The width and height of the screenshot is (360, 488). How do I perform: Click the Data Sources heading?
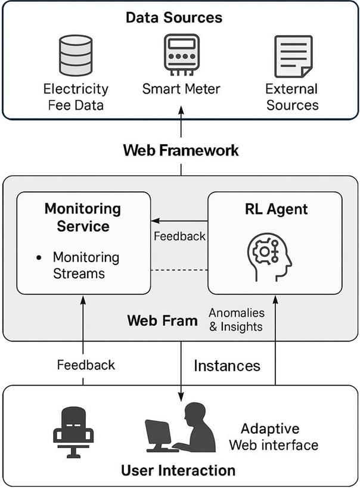(174, 17)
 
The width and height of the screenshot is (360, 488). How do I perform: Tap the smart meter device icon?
(181, 55)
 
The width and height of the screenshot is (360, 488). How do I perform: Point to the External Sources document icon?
(292, 56)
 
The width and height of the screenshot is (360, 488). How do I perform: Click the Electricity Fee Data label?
(76, 97)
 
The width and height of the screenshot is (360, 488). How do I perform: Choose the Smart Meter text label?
(181, 89)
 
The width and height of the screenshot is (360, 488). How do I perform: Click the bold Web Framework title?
(181, 150)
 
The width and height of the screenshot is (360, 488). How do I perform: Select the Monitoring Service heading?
(83, 217)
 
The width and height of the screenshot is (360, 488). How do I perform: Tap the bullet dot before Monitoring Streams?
(39, 257)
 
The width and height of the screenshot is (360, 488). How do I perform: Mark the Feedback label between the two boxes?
(179, 236)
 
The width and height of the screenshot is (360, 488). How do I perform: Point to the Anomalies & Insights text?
(237, 320)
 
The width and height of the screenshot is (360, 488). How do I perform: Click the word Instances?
(227, 365)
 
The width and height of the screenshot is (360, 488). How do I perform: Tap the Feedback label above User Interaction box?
(86, 365)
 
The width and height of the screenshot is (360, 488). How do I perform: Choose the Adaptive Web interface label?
(274, 437)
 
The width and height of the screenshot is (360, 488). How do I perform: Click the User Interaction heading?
(178, 471)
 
